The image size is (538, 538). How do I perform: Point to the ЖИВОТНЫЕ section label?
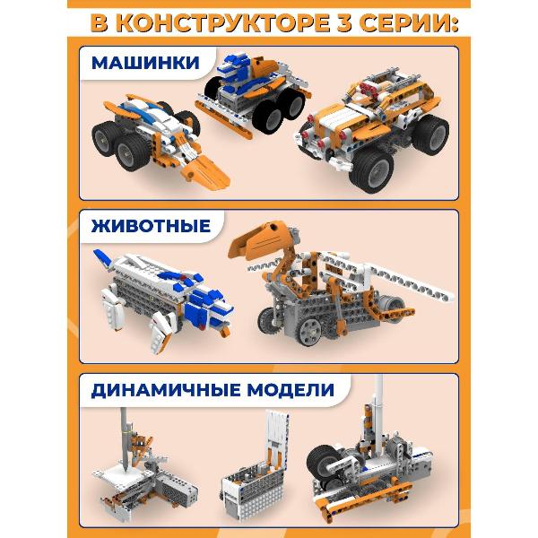[x=151, y=226]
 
